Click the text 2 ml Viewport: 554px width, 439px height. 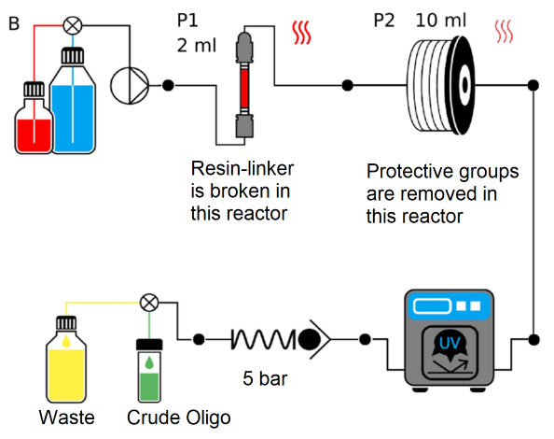coord(195,43)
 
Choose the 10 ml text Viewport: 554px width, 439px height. coord(439,19)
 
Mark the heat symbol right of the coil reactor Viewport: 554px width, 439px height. coord(504,33)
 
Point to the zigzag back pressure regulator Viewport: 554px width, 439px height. coord(261,337)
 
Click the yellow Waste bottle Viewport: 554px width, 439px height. coord(66,364)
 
